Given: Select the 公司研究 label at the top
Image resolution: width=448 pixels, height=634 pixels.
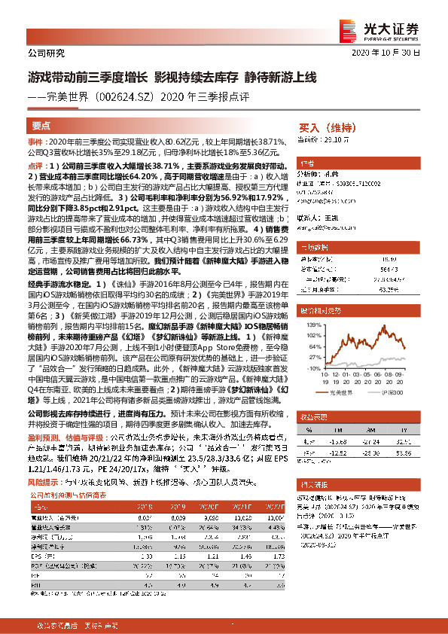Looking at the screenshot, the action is click(46, 53).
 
